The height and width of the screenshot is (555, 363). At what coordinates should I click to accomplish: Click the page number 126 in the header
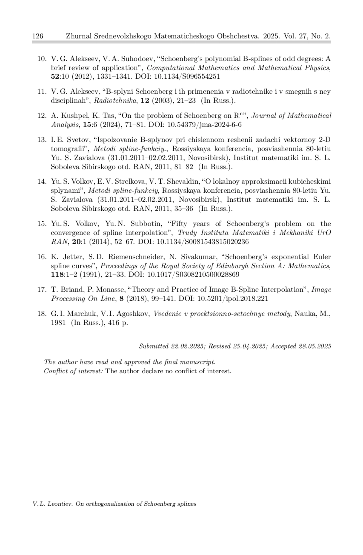(x=38, y=36)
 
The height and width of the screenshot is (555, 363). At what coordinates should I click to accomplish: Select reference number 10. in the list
(x=42, y=59)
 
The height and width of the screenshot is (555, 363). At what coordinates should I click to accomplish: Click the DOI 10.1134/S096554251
(x=187, y=77)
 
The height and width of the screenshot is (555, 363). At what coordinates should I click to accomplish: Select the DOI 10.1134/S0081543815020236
(x=201, y=242)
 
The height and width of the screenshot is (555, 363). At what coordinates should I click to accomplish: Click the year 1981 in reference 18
(x=58, y=323)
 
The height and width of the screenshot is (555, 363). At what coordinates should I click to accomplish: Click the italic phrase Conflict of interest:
(x=73, y=371)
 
